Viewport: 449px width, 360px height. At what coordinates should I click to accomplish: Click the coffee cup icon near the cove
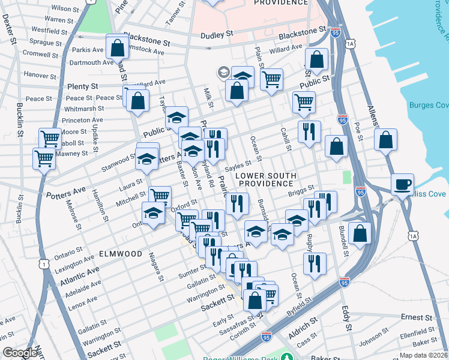pos(402,184)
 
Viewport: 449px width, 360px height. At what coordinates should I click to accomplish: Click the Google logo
pos(20,353)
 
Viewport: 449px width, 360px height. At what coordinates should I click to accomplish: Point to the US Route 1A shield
pos(351,44)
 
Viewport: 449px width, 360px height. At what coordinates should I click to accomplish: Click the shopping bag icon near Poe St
pos(385,140)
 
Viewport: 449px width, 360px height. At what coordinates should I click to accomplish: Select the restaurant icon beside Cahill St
pos(309,131)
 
